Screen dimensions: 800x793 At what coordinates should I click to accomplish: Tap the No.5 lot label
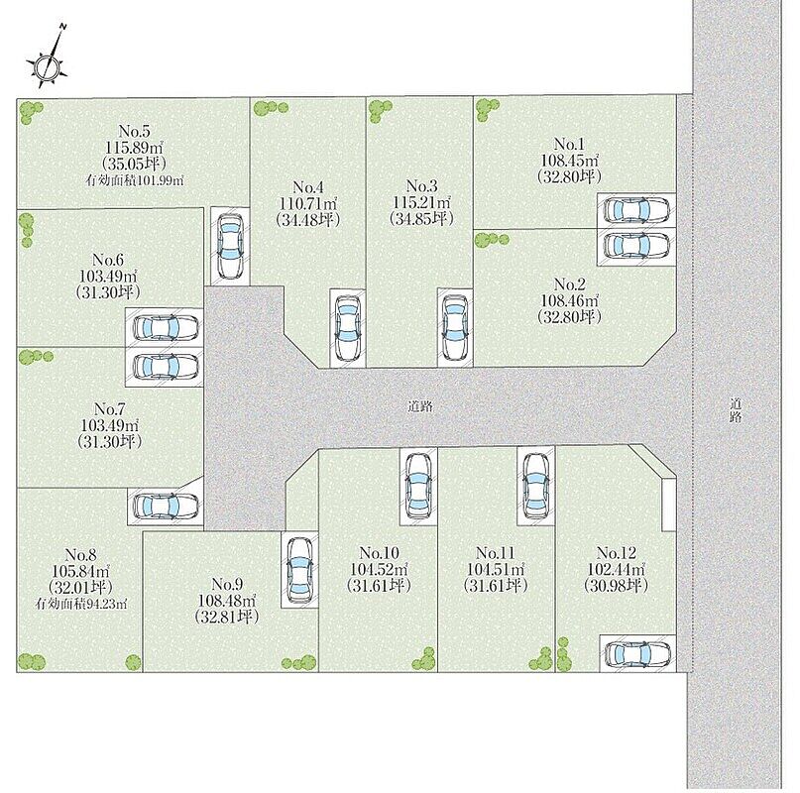tap(135, 131)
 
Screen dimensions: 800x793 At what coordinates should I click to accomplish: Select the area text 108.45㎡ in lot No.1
tap(569, 160)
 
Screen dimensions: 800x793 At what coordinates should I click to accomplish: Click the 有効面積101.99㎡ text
tap(135, 180)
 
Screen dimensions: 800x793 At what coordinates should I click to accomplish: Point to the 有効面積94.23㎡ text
tap(81, 605)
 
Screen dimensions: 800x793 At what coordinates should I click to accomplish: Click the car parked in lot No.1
tap(636, 209)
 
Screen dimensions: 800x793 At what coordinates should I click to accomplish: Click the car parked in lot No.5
tap(230, 246)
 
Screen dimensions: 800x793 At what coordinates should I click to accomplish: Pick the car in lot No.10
tap(418, 486)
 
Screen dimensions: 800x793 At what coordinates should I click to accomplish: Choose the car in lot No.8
tap(166, 507)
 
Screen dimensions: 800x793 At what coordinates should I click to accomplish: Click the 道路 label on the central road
tap(420, 406)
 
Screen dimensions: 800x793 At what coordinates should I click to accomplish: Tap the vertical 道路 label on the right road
tap(736, 410)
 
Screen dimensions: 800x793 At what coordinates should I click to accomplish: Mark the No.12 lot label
tap(617, 553)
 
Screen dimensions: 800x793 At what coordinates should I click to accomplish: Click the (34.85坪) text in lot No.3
tap(421, 218)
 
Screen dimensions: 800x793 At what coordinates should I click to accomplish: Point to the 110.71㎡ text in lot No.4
tap(308, 203)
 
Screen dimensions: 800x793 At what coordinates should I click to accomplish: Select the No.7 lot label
tap(110, 408)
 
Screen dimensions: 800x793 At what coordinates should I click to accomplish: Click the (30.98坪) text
tap(616, 585)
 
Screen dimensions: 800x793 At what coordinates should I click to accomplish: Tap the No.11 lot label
tap(496, 553)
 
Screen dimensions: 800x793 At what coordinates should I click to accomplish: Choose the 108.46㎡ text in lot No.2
tap(569, 300)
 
